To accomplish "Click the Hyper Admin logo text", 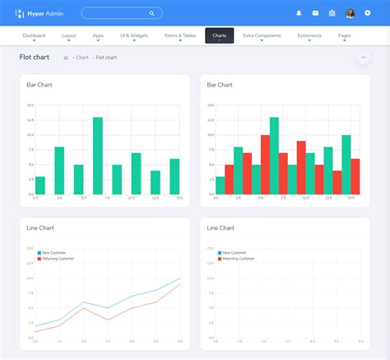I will (46, 13).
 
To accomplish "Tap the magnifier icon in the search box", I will (151, 13).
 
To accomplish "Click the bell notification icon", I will (299, 13).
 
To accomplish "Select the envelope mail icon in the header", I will (315, 13).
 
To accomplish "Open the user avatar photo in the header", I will (350, 13).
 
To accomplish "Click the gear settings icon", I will (367, 13).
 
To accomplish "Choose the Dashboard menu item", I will (34, 35).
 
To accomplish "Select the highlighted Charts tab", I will (220, 35).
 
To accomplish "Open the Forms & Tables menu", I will (181, 35).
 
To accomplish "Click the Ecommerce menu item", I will (309, 35).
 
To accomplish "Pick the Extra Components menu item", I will (262, 35).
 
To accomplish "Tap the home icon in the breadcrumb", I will (66, 58).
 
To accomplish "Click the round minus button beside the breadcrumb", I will (362, 57).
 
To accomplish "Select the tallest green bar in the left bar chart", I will (98, 155).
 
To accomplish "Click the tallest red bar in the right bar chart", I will (265, 164).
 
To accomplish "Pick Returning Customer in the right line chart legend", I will (238, 259).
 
